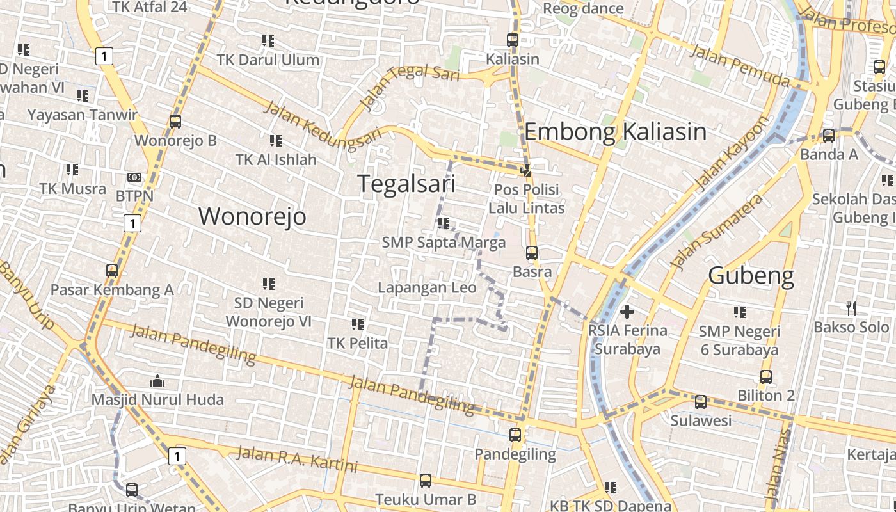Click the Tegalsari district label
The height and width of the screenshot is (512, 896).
[x=406, y=184]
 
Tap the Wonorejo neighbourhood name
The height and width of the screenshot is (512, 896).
[x=252, y=216]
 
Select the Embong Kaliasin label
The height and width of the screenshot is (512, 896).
[x=615, y=132]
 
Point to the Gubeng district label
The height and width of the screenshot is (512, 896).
[x=751, y=276]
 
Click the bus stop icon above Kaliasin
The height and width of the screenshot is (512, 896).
[x=512, y=40]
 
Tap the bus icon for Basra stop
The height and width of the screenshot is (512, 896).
[x=531, y=253]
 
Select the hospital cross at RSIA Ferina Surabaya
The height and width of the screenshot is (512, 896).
[x=627, y=312]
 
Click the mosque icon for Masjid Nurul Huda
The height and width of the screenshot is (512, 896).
[x=157, y=381]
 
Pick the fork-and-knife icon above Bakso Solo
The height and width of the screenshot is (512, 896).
[x=851, y=308]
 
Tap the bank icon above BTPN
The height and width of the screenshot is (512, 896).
[x=134, y=177]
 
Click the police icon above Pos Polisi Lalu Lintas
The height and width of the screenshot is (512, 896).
[x=526, y=170]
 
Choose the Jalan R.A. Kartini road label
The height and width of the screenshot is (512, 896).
[x=297, y=460]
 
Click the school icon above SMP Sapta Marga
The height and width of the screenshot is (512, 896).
[x=443, y=223]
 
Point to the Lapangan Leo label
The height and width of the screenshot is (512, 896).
[x=427, y=287]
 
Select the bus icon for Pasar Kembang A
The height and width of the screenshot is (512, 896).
[x=112, y=271]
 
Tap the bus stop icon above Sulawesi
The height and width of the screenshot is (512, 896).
[x=701, y=402]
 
